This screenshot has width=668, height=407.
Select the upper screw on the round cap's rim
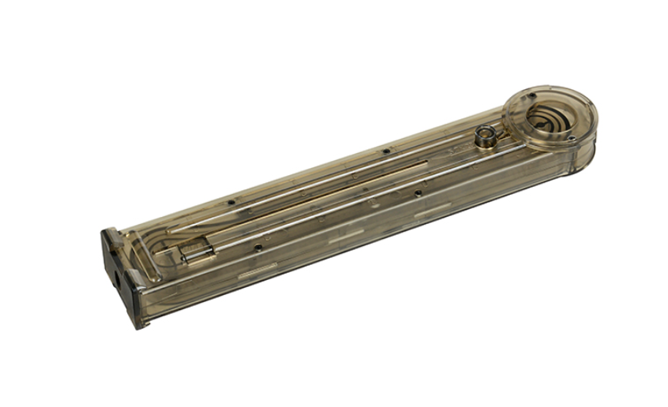[x=531, y=96]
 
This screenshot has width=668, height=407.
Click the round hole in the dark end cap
[x=118, y=279]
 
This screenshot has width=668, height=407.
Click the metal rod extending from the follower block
[x=316, y=217]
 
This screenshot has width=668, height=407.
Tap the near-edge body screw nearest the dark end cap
[x=257, y=247]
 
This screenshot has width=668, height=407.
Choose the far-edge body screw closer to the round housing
[x=385, y=151]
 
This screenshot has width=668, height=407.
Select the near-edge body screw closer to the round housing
[x=417, y=190]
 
